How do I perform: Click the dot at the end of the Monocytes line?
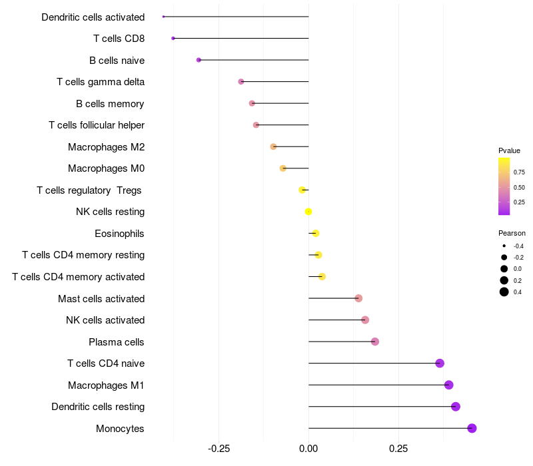click(x=472, y=428)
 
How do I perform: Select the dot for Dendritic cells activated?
click(x=163, y=17)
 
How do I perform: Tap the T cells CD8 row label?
click(x=119, y=39)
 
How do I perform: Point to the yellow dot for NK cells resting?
click(x=308, y=212)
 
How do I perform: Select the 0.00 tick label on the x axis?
click(x=308, y=449)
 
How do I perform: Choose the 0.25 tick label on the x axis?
click(x=398, y=449)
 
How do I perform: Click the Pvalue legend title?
click(x=509, y=150)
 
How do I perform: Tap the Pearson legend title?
click(x=512, y=233)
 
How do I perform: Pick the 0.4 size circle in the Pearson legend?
click(x=504, y=292)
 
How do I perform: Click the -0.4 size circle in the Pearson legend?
click(x=504, y=246)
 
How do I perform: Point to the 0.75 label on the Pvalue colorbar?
click(x=519, y=172)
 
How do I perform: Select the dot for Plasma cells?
click(x=375, y=342)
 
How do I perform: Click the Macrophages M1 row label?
click(x=106, y=385)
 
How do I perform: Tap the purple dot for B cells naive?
click(x=199, y=60)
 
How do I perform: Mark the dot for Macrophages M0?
click(x=283, y=168)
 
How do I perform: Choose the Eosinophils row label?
click(x=120, y=234)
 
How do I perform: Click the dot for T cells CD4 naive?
click(x=440, y=363)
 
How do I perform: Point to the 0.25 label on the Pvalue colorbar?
click(x=519, y=202)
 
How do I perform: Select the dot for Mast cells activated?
click(x=358, y=298)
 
